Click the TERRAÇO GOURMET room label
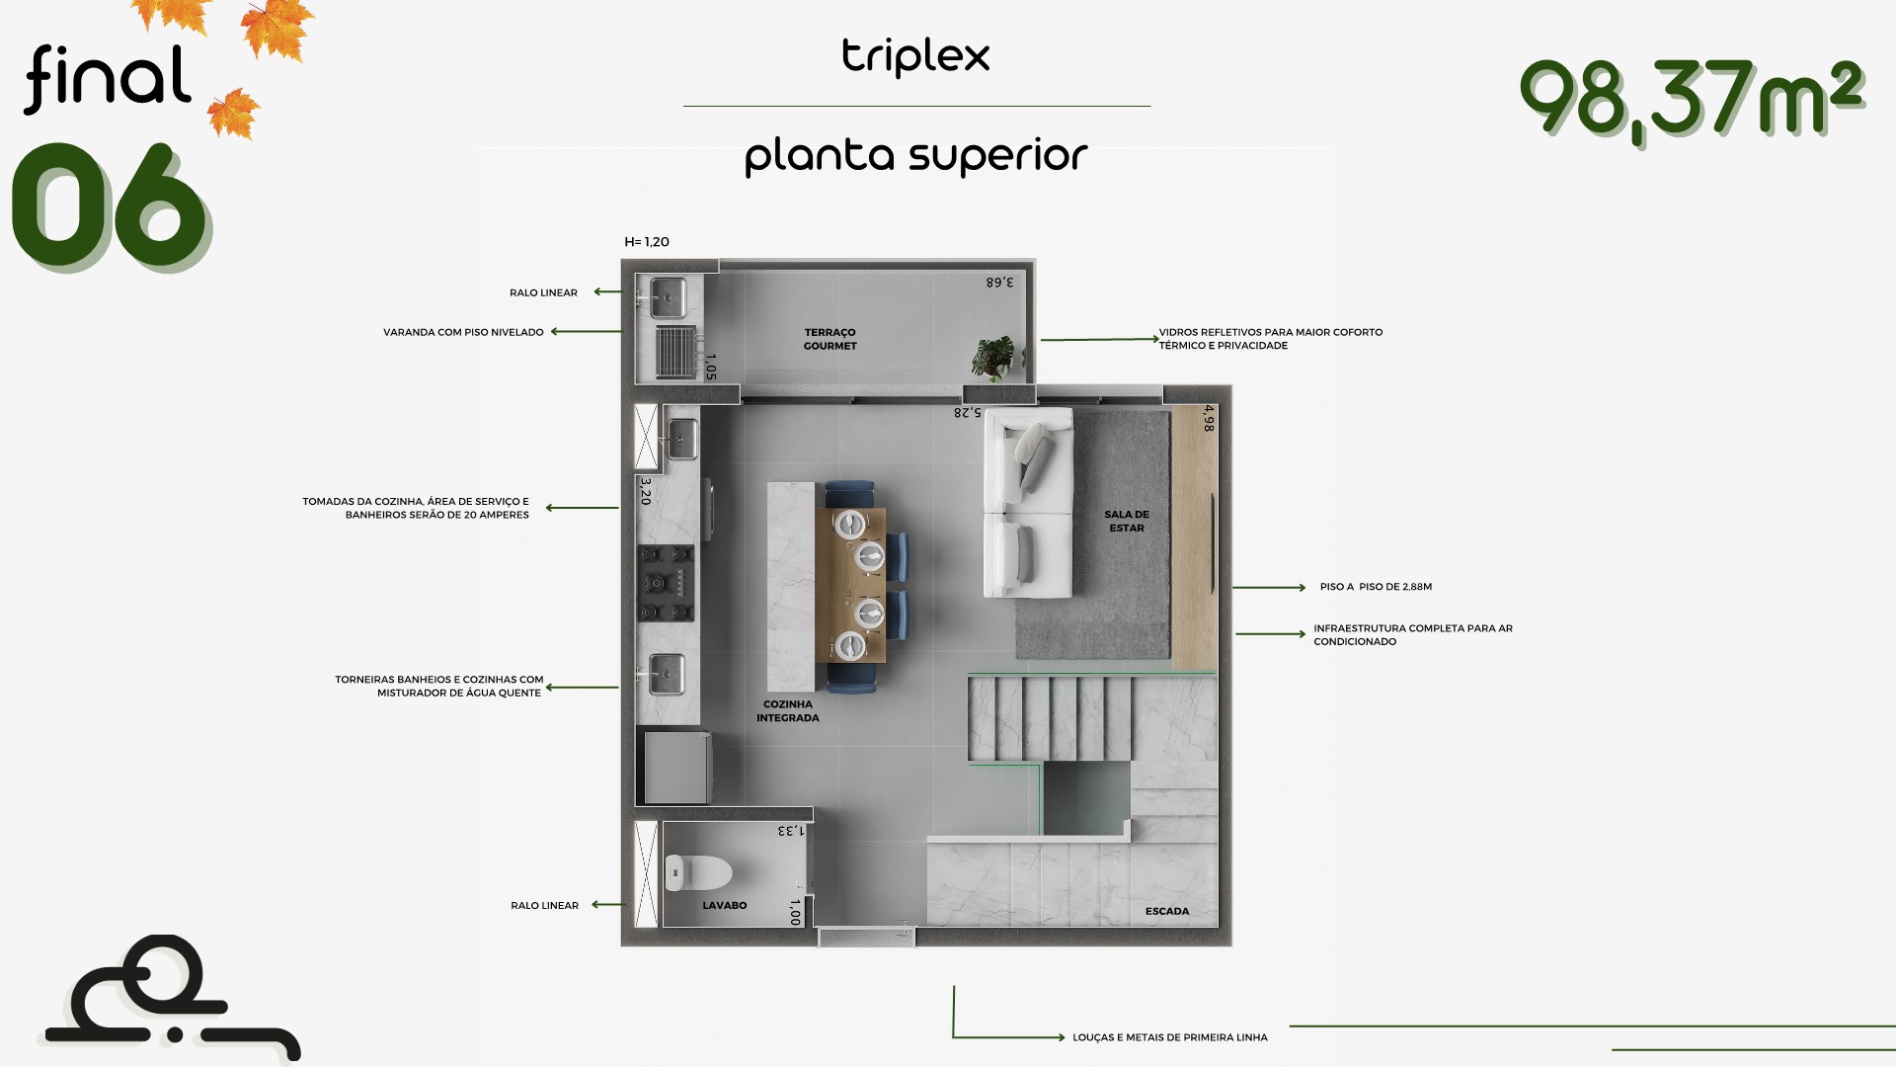point(829,339)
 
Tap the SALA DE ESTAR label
point(1127,521)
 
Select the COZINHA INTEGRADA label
point(788,711)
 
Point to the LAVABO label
point(725,905)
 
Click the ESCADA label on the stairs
point(1167,911)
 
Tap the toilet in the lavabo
point(698,873)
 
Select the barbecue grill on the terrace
point(676,352)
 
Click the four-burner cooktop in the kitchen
point(666,583)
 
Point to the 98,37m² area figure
point(1692,98)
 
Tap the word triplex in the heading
point(915,56)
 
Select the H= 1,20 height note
point(647,242)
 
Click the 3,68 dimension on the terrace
point(999,283)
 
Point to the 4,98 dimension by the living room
point(1209,418)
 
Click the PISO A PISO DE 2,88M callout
point(1376,587)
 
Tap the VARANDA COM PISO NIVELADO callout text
point(463,332)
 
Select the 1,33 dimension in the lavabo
point(792,831)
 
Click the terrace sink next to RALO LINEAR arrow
point(668,297)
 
